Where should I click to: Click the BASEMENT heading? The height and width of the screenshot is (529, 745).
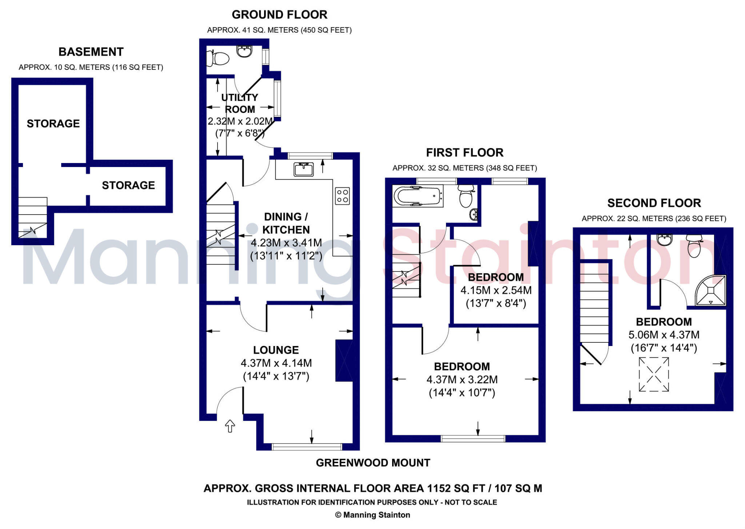91,52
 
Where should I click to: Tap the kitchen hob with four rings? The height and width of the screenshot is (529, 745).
342,196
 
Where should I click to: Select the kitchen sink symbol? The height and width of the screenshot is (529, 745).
304,170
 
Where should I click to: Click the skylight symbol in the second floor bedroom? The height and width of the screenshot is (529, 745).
654,374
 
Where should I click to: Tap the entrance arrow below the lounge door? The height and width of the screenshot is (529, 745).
230,426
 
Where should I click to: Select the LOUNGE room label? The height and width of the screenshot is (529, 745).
276,350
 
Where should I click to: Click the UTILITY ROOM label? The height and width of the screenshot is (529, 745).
240,103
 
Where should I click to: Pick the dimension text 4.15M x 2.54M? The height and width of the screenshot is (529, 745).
496,290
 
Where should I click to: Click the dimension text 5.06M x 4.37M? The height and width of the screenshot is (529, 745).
664,335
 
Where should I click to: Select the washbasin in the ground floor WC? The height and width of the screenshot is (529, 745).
244,51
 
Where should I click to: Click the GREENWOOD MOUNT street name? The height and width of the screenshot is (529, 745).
373,463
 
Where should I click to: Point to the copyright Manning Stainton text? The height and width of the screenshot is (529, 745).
372,515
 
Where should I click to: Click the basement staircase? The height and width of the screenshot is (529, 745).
33,217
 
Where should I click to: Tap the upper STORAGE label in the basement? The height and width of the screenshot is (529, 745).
53,124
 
